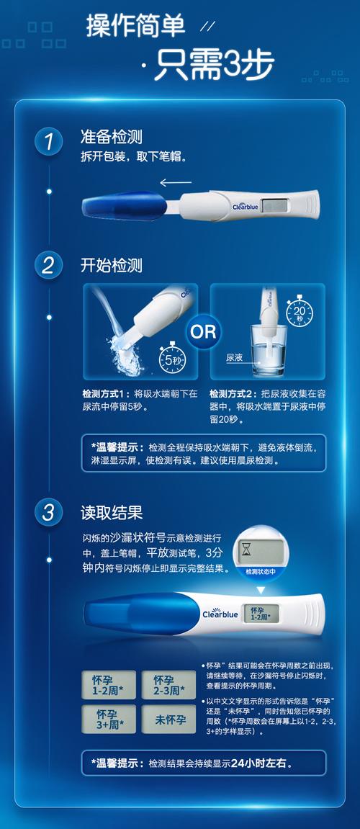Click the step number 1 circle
coord(48,141)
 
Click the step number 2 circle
coord(48,265)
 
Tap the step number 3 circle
coord(48,512)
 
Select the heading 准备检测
coord(111,138)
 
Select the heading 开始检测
coord(111,265)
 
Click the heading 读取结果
coord(111,512)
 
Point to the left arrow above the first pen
coord(175,182)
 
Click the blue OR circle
coord(202,331)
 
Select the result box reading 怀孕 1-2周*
coord(108,684)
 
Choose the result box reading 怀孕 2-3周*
coord(168,684)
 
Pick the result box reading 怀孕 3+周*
coord(108,718)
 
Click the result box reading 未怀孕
coord(168,719)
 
